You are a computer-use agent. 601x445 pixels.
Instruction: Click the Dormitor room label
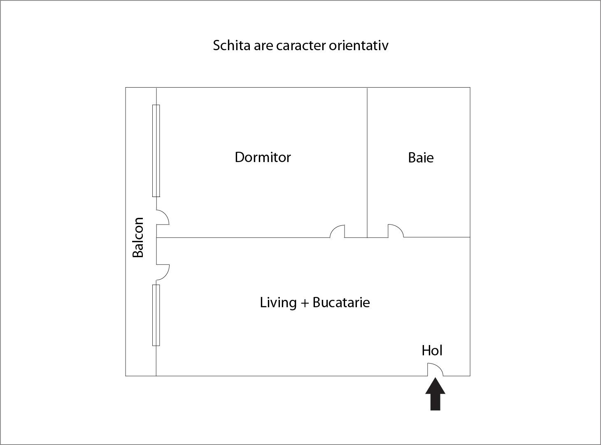point(263,157)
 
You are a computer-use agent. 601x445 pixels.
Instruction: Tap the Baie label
point(421,158)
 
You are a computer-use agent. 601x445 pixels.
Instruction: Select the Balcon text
point(138,237)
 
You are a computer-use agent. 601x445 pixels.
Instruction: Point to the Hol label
point(432,350)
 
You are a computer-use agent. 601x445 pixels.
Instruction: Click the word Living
point(278,303)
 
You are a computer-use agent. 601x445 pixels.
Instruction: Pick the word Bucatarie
point(341,302)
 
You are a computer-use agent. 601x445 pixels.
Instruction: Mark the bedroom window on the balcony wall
point(156,151)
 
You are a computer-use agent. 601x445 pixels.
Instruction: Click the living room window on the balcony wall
point(156,315)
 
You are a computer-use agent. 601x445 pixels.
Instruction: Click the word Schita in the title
point(232,45)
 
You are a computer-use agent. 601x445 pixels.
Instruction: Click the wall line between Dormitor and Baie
point(367,162)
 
